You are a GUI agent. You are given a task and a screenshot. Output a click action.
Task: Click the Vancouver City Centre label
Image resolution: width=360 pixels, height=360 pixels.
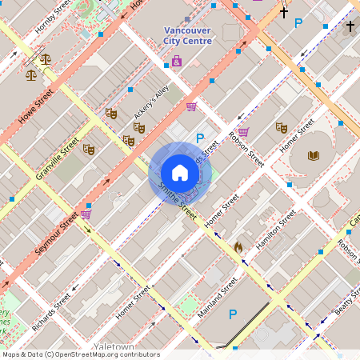[186, 36]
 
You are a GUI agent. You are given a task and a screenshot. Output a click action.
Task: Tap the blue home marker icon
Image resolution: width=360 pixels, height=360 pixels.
[180, 173]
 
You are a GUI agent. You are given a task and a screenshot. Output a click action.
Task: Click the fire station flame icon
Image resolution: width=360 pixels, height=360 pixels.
[238, 247]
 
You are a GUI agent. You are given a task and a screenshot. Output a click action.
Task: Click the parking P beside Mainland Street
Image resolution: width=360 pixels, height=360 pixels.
[233, 314]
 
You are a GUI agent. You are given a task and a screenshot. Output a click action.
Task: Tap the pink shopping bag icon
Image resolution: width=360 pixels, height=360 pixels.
[177, 61]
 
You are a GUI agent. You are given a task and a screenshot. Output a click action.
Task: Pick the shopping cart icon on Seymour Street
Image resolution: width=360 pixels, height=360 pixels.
[86, 214]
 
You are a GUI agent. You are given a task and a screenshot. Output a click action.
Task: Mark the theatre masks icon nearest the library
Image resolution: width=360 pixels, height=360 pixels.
[281, 127]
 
